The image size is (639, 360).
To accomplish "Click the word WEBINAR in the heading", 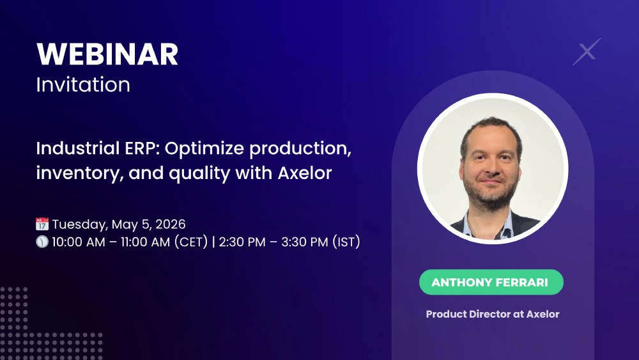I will point(107,55).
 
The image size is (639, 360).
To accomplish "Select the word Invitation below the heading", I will point(83,85).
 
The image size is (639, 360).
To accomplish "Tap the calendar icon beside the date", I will point(42,224).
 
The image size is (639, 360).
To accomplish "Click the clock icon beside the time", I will point(42,243).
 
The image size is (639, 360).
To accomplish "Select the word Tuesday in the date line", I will point(80,224).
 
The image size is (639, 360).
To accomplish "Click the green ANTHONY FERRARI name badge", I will point(491,282).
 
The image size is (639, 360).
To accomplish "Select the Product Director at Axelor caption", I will point(493,314).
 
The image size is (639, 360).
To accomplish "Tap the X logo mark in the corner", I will point(587,52).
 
